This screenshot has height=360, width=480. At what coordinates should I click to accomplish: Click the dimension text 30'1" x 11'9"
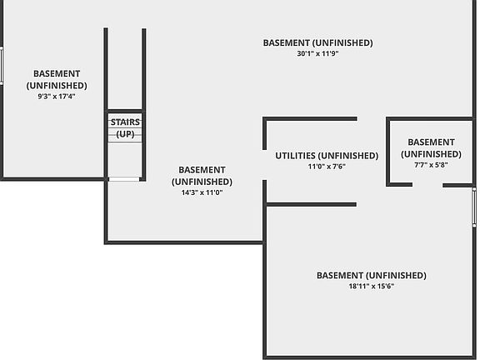pos(317,53)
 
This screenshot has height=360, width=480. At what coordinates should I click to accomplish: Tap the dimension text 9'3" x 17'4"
pos(57,97)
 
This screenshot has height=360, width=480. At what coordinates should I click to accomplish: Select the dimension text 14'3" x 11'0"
pos(202,192)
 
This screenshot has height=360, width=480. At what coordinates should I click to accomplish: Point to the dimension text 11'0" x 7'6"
pos(327,167)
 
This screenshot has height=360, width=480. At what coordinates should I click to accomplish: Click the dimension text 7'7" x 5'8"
pos(431,165)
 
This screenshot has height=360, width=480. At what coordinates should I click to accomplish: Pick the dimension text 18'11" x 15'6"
pos(372,286)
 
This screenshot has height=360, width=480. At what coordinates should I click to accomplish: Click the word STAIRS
pos(125,122)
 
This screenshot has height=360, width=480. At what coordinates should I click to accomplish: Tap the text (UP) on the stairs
pos(125,134)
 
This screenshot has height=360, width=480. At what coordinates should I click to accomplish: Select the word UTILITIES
pos(295,156)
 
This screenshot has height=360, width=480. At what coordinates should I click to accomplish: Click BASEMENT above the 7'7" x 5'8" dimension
pos(431,142)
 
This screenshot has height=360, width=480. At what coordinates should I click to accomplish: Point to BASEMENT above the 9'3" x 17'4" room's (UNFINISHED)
pos(57,74)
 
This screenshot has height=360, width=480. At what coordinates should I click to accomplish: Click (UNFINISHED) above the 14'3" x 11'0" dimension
pos(202,182)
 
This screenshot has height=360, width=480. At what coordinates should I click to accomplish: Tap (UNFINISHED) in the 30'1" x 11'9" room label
pos(342,42)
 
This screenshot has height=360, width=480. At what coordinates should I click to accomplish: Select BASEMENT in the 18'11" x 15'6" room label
pos(340,276)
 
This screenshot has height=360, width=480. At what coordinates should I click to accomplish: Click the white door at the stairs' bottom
pos(124,179)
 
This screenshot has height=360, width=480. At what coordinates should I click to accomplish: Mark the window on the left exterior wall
pos(2,66)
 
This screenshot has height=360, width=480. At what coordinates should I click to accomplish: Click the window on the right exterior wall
pos(474,207)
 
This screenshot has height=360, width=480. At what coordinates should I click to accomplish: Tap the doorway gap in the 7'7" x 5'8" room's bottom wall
pos(427,185)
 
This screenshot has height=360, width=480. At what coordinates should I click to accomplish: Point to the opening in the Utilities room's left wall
pos(264,165)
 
